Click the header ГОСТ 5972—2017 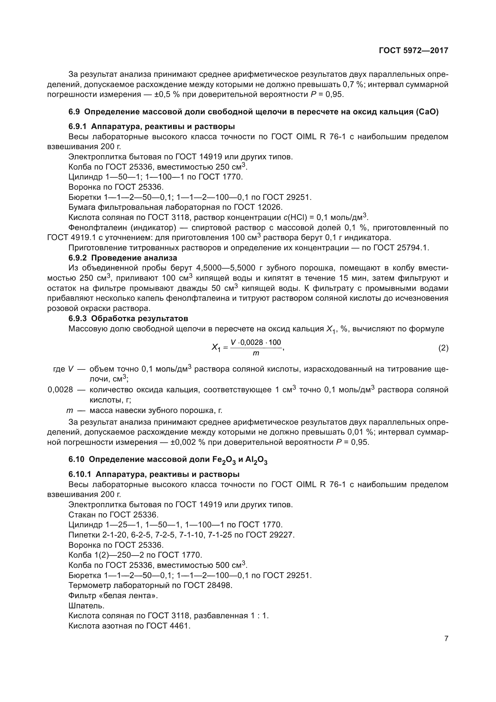click(x=414, y=50)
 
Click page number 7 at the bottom click(x=446, y=639)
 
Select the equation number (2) click(x=443, y=348)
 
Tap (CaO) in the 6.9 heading click(x=427, y=112)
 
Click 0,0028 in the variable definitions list click(x=61, y=390)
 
